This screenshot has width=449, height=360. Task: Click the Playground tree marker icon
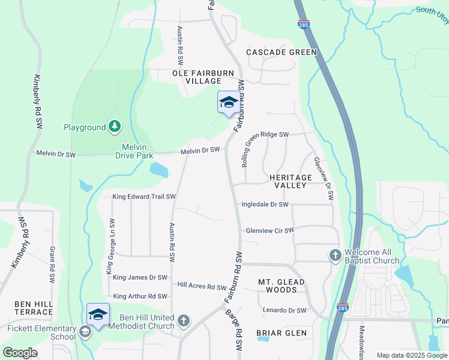114,127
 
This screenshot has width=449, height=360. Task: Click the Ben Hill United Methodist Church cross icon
184,321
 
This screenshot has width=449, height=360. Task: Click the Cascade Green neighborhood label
282,52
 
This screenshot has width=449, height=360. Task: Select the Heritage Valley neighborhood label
291,182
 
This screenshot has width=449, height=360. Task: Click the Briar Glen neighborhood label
282,333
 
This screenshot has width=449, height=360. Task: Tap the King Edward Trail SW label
144,196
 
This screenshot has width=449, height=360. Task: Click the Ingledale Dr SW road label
265,205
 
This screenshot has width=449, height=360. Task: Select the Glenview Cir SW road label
270,230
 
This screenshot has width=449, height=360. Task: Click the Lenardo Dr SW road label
285,310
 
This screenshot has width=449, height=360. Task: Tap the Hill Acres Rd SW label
201,287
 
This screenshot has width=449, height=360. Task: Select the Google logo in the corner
20,353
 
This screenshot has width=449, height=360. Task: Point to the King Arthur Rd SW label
140,296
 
